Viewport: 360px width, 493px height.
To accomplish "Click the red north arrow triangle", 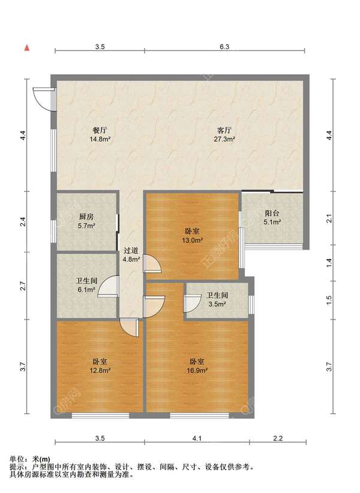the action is [x=27, y=48].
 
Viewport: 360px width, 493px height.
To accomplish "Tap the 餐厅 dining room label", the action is [x=100, y=130].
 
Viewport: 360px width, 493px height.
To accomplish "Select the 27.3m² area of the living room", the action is [x=224, y=139].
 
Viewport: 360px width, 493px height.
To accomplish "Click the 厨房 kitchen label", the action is [x=86, y=217].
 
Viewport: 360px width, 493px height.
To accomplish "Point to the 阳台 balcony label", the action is [x=272, y=213].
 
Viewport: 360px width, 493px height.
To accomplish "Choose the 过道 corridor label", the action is [x=131, y=251].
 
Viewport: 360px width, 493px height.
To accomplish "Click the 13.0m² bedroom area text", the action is [x=192, y=241].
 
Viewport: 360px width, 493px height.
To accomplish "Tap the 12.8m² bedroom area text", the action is [x=100, y=371].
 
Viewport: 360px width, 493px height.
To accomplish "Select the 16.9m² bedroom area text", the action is [x=197, y=371].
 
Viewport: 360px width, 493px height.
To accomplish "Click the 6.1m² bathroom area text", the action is [x=86, y=290].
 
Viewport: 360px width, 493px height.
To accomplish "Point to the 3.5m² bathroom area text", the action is [x=217, y=304].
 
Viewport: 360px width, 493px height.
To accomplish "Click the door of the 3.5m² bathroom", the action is [x=193, y=303].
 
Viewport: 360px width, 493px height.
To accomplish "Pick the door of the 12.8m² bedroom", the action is [x=129, y=327].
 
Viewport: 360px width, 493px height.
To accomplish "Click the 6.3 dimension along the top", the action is [x=224, y=47].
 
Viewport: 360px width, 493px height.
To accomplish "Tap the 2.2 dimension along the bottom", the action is [x=278, y=438].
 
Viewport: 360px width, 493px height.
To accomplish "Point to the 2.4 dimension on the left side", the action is [x=23, y=222].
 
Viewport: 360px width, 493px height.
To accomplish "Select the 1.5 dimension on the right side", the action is [x=329, y=300].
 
